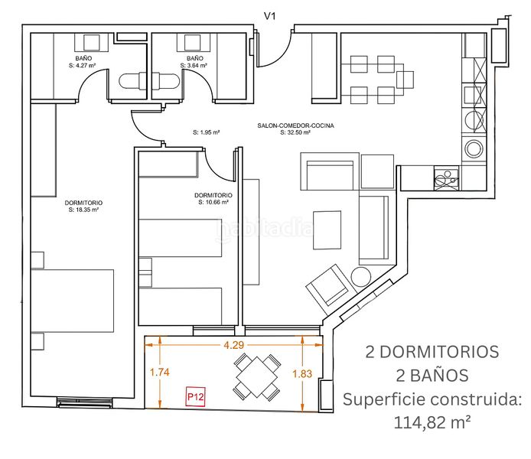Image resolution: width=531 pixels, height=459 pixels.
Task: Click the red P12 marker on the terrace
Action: (196, 396)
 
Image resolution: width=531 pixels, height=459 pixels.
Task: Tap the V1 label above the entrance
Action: (269, 16)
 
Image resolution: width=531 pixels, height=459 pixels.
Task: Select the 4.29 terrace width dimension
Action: (233, 345)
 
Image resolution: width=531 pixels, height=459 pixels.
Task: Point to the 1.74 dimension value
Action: (159, 373)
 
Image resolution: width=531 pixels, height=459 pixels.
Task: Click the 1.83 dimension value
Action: (302, 373)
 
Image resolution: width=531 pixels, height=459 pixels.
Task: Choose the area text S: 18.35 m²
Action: (83, 210)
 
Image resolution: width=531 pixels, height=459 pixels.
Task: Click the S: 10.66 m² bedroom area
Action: (213, 202)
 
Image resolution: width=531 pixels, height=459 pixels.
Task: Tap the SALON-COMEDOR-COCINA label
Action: (295, 125)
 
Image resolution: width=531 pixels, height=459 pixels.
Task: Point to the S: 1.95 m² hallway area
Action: (207, 132)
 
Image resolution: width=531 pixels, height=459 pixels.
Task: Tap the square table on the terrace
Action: (257, 376)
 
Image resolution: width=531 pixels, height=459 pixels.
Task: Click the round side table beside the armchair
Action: (361, 277)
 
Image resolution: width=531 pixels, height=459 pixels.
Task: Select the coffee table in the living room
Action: (327, 230)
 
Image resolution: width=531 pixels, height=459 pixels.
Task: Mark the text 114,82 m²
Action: (432, 422)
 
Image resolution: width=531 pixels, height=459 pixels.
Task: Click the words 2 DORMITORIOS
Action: (432, 352)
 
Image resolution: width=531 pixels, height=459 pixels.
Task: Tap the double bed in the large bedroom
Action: (73, 301)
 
